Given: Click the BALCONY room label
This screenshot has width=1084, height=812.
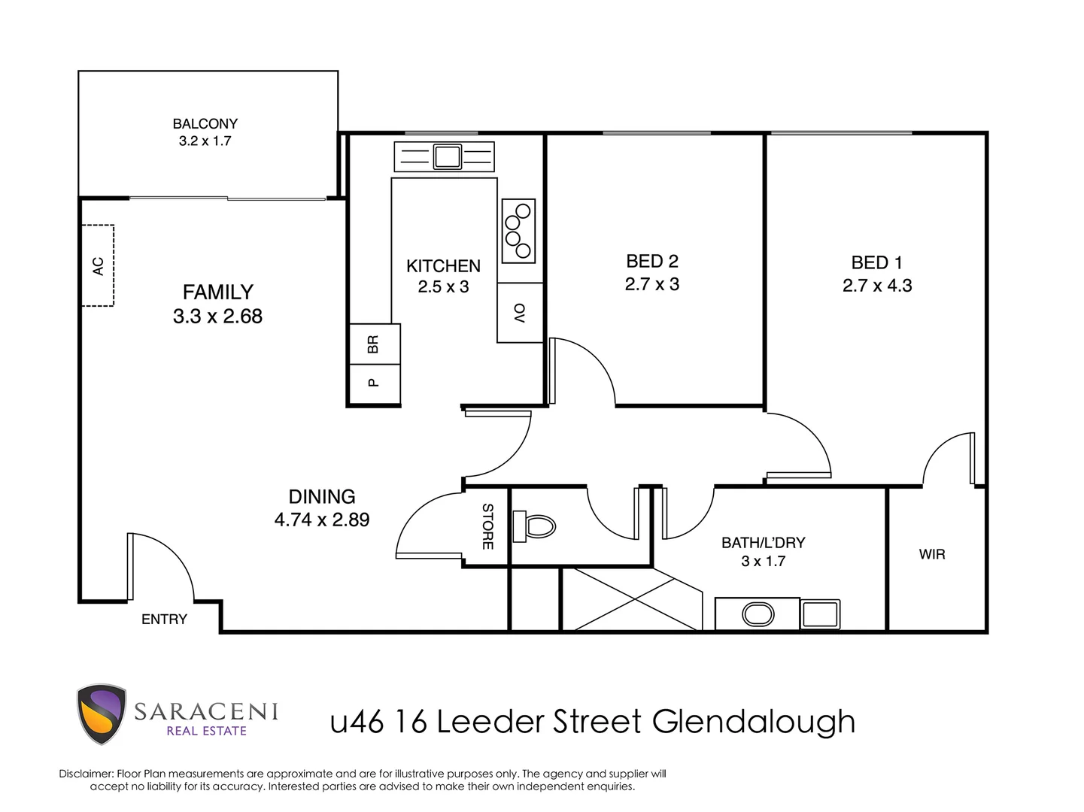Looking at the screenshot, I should pyautogui.click(x=205, y=123).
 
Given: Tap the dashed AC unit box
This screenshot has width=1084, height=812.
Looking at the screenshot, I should pyautogui.click(x=98, y=265).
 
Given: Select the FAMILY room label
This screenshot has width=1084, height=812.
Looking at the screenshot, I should pyautogui.click(x=218, y=292).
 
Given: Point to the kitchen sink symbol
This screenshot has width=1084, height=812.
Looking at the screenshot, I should pyautogui.click(x=446, y=156).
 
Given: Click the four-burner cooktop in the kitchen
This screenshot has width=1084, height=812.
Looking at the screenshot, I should pyautogui.click(x=518, y=231).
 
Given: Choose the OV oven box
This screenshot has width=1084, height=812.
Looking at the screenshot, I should pyautogui.click(x=520, y=313).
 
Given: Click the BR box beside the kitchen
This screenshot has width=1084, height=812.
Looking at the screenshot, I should pyautogui.click(x=374, y=344).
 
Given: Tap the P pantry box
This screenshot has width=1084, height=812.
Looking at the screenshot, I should pyautogui.click(x=374, y=383).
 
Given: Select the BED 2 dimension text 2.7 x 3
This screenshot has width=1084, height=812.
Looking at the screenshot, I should pyautogui.click(x=652, y=284).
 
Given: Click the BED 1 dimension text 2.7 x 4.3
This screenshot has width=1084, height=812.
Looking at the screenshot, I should pyautogui.click(x=877, y=286).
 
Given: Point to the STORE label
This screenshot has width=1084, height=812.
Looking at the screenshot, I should pyautogui.click(x=487, y=526).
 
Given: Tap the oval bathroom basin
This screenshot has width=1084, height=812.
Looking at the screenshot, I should pyautogui.click(x=758, y=614).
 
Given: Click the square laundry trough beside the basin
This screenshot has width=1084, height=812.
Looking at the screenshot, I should pyautogui.click(x=820, y=614).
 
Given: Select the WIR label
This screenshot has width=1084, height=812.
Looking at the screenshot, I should pyautogui.click(x=932, y=555).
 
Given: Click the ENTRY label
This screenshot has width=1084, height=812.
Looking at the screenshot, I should pyautogui.click(x=164, y=620).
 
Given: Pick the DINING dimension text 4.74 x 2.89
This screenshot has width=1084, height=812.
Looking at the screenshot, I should pyautogui.click(x=322, y=520).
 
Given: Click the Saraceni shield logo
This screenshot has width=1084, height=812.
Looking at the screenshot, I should pyautogui.click(x=101, y=714).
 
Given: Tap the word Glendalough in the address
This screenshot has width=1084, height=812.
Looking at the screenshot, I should pyautogui.click(x=754, y=722).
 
